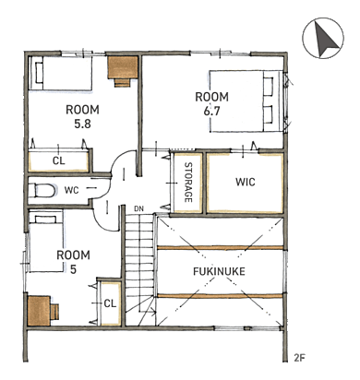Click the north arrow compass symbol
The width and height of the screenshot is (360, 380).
point(323,38)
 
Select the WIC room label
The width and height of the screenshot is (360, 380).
point(246,182)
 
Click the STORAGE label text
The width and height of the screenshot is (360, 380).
point(188,183)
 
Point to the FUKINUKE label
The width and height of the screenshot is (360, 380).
point(219,271)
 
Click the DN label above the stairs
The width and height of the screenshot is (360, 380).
point(138,208)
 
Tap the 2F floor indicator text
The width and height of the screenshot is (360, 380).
point(299,358)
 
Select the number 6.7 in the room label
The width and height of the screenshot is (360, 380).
point(212,111)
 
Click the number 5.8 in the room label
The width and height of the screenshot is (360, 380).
point(83,124)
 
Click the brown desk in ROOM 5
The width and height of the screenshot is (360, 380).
point(42,311)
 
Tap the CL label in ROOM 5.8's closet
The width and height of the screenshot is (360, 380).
point(59,160)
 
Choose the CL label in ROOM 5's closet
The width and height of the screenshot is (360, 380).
point(110,303)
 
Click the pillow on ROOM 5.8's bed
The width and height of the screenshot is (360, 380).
point(39,73)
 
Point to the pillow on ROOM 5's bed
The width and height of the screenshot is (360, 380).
point(45,219)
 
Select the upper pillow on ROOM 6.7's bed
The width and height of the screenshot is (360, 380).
point(269,87)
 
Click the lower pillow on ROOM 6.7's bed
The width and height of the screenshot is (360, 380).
point(269,114)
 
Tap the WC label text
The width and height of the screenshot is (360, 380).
point(72,190)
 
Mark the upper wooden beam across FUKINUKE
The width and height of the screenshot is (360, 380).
point(220,247)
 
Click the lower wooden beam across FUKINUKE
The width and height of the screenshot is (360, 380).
point(220,296)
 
